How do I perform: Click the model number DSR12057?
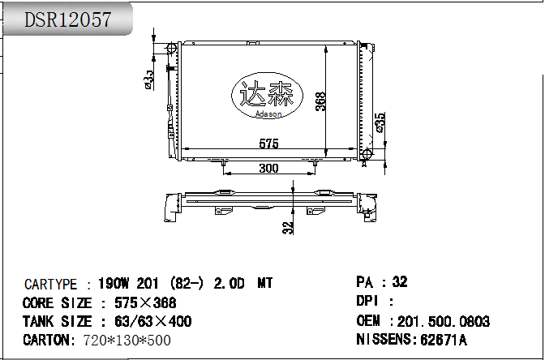68,19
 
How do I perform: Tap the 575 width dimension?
268,144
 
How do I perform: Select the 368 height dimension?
321,101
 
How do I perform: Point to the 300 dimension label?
268,168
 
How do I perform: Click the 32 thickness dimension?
288,228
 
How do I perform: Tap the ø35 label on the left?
149,79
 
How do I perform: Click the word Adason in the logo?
268,114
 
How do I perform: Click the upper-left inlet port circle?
170,49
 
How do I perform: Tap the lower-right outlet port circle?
367,154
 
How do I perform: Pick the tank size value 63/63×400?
147,322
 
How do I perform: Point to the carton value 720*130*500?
127,341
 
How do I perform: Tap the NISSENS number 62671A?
443,340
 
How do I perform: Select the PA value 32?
399,282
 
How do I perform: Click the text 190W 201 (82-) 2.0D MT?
185,284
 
